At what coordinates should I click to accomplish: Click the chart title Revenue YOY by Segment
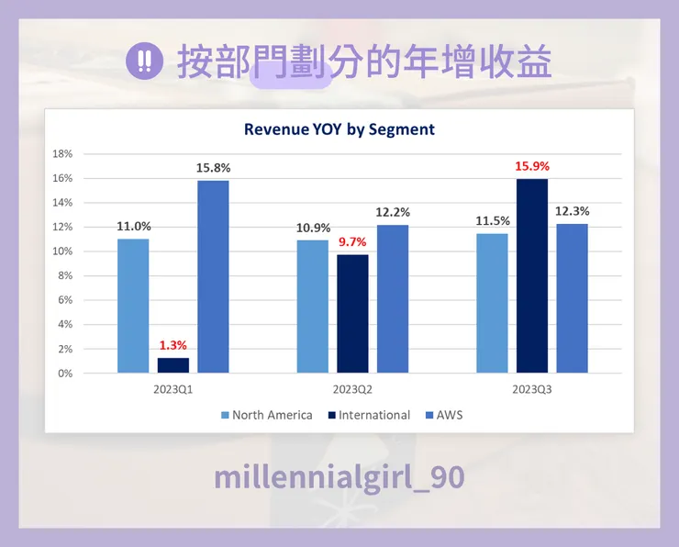click(339, 129)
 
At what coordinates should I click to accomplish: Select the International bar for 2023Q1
click(173, 364)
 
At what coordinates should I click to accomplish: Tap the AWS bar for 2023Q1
click(213, 276)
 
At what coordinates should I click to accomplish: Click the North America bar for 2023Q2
click(312, 306)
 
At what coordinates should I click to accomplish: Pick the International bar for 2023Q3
click(532, 275)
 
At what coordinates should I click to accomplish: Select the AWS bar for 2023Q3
click(572, 297)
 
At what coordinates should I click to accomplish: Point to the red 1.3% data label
click(173, 345)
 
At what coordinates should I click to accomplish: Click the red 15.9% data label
click(532, 167)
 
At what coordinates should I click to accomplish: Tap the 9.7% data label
click(351, 242)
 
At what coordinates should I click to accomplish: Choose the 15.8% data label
click(213, 168)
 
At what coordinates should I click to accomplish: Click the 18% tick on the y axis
click(62, 153)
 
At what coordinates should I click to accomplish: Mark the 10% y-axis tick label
click(62, 251)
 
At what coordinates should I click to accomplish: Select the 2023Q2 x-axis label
click(352, 390)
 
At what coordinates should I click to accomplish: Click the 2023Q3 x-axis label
click(532, 390)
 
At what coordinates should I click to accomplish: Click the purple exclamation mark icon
click(143, 62)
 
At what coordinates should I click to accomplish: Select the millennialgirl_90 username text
click(339, 477)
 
